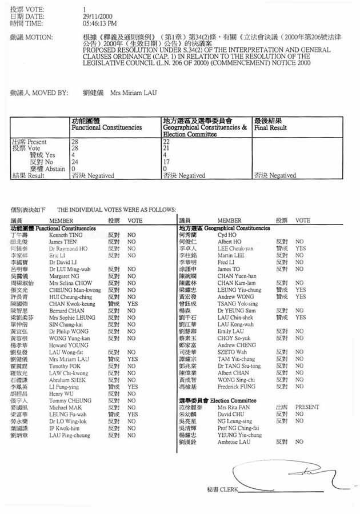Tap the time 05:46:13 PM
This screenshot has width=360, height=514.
click(x=100, y=23)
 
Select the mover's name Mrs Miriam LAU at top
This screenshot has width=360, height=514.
click(x=133, y=93)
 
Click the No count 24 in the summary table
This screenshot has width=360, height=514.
click(x=74, y=162)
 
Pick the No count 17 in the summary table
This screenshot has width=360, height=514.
click(x=166, y=162)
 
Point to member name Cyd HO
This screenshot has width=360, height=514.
click(x=227, y=235)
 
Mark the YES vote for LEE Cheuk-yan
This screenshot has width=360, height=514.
click(x=301, y=248)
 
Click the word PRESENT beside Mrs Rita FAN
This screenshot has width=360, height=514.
click(x=307, y=407)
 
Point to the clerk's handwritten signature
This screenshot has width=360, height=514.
click(x=286, y=473)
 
